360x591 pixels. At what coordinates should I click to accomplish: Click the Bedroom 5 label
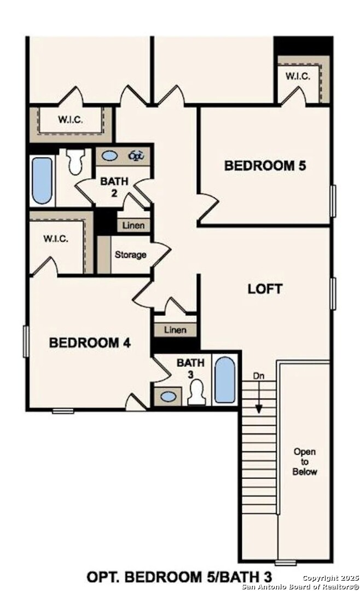click(265, 166)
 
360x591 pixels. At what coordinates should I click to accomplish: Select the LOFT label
click(265, 288)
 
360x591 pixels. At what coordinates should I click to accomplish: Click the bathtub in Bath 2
click(42, 181)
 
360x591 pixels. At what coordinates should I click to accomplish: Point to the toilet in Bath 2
click(76, 160)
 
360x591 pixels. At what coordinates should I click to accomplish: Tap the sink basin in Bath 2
click(110, 156)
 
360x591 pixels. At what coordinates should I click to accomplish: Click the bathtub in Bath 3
click(224, 379)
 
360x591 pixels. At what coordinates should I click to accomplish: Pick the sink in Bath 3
click(169, 396)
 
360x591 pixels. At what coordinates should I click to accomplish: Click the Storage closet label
click(130, 254)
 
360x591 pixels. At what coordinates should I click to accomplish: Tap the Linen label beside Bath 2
click(133, 225)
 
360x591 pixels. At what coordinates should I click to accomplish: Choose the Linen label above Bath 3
click(175, 330)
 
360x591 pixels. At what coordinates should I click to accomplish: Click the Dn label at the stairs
click(259, 376)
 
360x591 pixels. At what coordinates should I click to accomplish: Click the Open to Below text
click(305, 461)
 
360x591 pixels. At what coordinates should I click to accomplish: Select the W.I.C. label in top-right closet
click(298, 76)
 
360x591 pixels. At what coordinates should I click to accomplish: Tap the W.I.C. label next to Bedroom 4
click(55, 239)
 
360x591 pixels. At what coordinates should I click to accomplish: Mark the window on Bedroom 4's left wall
click(25, 341)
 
